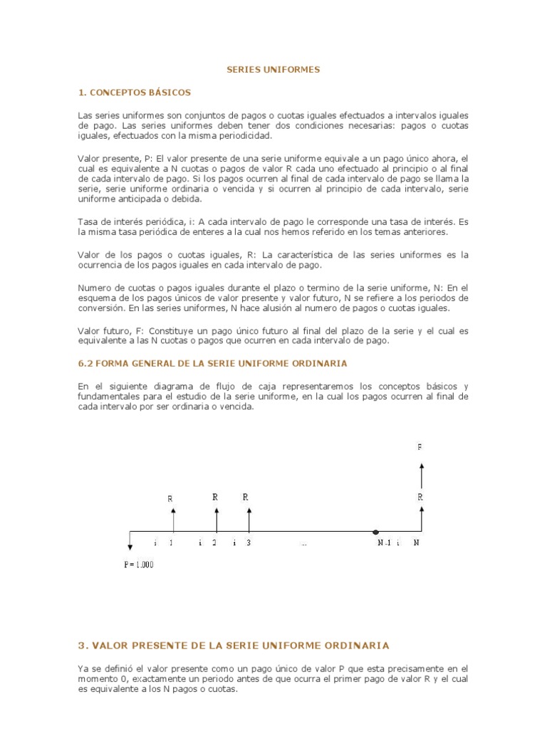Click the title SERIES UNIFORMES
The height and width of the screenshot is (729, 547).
point(273,70)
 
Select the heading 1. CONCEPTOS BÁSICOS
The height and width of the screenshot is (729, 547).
point(135,93)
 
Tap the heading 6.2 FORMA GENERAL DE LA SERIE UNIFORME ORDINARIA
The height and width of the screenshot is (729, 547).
point(212,363)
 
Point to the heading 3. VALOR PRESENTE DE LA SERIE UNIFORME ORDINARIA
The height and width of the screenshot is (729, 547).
point(234,646)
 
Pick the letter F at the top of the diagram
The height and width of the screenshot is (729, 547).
point(420,447)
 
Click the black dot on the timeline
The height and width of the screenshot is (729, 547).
point(376,531)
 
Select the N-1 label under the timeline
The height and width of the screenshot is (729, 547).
point(385,543)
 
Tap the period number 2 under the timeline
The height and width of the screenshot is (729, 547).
point(214,543)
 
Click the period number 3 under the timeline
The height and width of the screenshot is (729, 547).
point(248,543)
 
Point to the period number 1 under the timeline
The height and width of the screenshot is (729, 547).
point(171,543)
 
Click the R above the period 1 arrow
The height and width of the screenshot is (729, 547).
point(170,499)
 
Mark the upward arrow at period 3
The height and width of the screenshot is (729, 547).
point(248,519)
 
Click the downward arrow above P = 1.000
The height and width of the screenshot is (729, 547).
point(130,541)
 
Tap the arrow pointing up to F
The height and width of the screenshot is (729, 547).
point(421,473)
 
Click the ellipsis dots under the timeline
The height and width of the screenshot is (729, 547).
point(304,544)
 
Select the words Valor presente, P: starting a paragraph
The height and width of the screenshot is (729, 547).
point(110,158)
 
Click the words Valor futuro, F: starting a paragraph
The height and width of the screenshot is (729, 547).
point(106,332)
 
